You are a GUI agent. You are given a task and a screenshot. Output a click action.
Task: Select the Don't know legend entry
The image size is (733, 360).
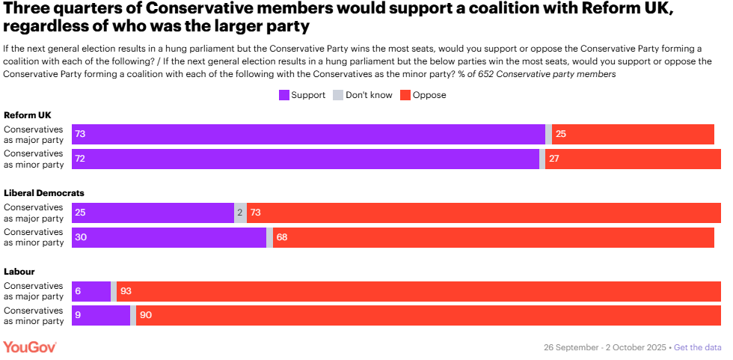pyautogui.click(x=362, y=95)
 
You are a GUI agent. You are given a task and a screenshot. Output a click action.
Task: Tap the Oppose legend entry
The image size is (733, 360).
pyautogui.click(x=423, y=95)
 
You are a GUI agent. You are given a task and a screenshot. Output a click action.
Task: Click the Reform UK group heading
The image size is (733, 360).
pyautogui.click(x=27, y=115)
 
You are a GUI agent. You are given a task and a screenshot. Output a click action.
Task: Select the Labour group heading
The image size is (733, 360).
pyautogui.click(x=19, y=271)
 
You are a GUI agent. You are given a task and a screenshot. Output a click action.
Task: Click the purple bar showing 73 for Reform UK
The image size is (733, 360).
pyautogui.click(x=308, y=134)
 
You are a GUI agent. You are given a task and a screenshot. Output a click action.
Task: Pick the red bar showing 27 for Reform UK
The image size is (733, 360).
pyautogui.click(x=632, y=159)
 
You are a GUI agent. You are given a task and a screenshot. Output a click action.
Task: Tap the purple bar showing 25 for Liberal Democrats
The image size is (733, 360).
pyautogui.click(x=153, y=213)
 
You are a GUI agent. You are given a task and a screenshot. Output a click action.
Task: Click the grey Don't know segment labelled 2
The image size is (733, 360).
pyautogui.click(x=240, y=213)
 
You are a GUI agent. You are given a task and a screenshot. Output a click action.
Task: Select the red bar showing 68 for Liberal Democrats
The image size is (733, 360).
pyautogui.click(x=493, y=237)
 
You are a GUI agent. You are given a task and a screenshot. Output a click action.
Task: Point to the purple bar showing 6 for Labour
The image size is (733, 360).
pyautogui.click(x=91, y=291)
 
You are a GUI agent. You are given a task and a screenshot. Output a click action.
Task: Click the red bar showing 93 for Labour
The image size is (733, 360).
pyautogui.click(x=418, y=291)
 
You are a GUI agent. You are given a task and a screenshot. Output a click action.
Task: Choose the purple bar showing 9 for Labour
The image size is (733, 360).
pyautogui.click(x=101, y=315)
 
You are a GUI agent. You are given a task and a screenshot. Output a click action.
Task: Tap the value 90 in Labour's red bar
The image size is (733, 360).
pyautogui.click(x=146, y=315)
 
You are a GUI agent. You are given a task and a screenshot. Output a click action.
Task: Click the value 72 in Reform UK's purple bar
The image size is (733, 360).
pyautogui.click(x=80, y=159)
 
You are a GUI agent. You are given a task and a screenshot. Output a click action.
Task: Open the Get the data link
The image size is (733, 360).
pyautogui.click(x=698, y=347)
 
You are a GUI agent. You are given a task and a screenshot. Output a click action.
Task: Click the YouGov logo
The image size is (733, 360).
pyautogui.click(x=30, y=347)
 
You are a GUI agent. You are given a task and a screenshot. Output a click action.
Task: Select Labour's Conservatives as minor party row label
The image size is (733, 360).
pyautogui.click(x=34, y=315)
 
